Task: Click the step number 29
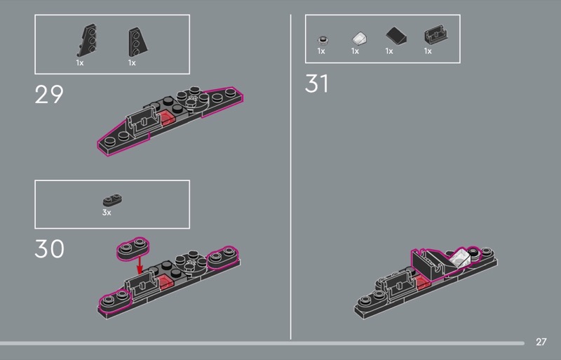(49, 95)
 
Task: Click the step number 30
(49, 249)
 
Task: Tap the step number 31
(317, 84)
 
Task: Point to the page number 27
(541, 342)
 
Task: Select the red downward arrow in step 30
(140, 265)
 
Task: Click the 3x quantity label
(107, 213)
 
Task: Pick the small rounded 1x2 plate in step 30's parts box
(112, 200)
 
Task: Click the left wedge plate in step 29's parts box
(87, 41)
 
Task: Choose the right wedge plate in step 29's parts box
(137, 42)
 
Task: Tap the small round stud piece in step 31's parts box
(323, 40)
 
